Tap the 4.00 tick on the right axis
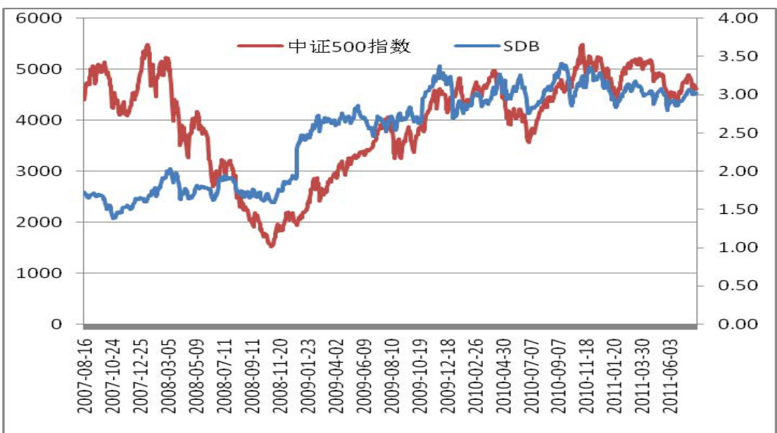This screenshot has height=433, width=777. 735,18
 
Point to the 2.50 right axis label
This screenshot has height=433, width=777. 735,132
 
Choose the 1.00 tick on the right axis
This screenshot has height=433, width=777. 735,247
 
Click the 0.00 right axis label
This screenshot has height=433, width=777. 735,324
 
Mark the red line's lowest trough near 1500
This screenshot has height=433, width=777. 271,246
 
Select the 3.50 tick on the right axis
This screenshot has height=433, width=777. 735,56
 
